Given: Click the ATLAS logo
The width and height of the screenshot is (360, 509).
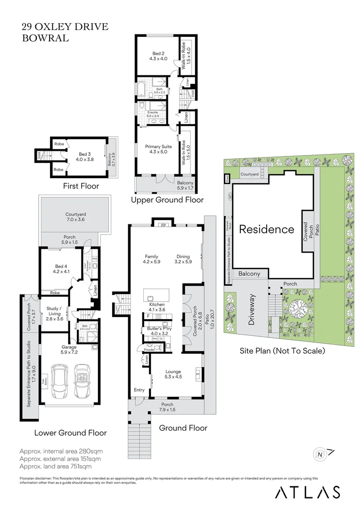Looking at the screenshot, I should pyautogui.click(x=307, y=492).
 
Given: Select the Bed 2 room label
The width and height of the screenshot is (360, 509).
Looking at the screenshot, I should pyautogui.click(x=157, y=56).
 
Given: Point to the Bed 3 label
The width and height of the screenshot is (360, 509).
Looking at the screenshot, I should pyautogui.click(x=83, y=156).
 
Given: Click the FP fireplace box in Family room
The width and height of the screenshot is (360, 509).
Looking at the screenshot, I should pyautogui.click(x=158, y=224).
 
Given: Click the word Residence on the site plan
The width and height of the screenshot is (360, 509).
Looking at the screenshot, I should pyautogui.click(x=267, y=230).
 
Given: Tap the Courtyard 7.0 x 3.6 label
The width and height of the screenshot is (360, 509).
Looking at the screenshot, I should pyautogui.click(x=75, y=217).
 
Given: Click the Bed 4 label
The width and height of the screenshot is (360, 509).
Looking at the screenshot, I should pyautogui.click(x=61, y=269).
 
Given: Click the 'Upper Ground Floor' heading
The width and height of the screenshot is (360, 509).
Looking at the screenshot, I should pyautogui.click(x=167, y=200).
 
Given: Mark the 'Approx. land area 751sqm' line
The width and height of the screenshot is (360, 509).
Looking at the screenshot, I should pyautogui.click(x=56, y=467).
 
